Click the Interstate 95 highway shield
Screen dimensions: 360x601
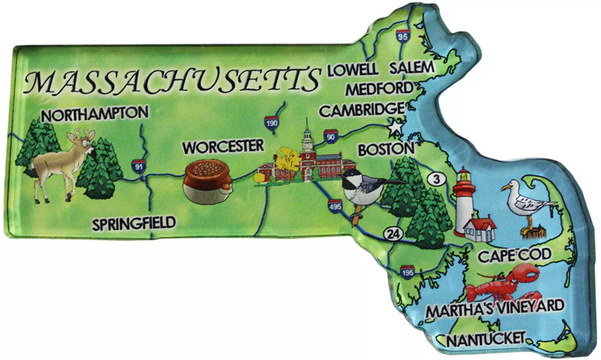(x=403, y=36)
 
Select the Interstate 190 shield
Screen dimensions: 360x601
(x=271, y=121)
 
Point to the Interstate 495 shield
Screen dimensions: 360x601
(x=335, y=205)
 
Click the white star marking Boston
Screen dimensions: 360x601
(x=394, y=127)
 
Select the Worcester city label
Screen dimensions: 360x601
(x=222, y=146)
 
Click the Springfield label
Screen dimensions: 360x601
(x=134, y=223)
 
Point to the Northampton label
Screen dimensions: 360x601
(x=94, y=113)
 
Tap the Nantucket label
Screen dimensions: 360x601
(x=485, y=339)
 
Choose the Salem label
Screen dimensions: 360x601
(x=411, y=67)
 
